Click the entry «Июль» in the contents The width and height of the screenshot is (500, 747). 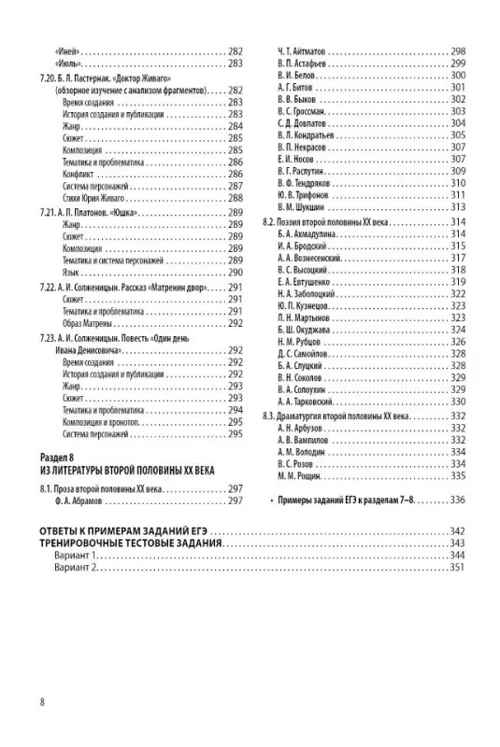64,63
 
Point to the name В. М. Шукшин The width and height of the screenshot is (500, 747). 304,207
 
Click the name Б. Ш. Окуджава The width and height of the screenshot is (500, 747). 306,330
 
